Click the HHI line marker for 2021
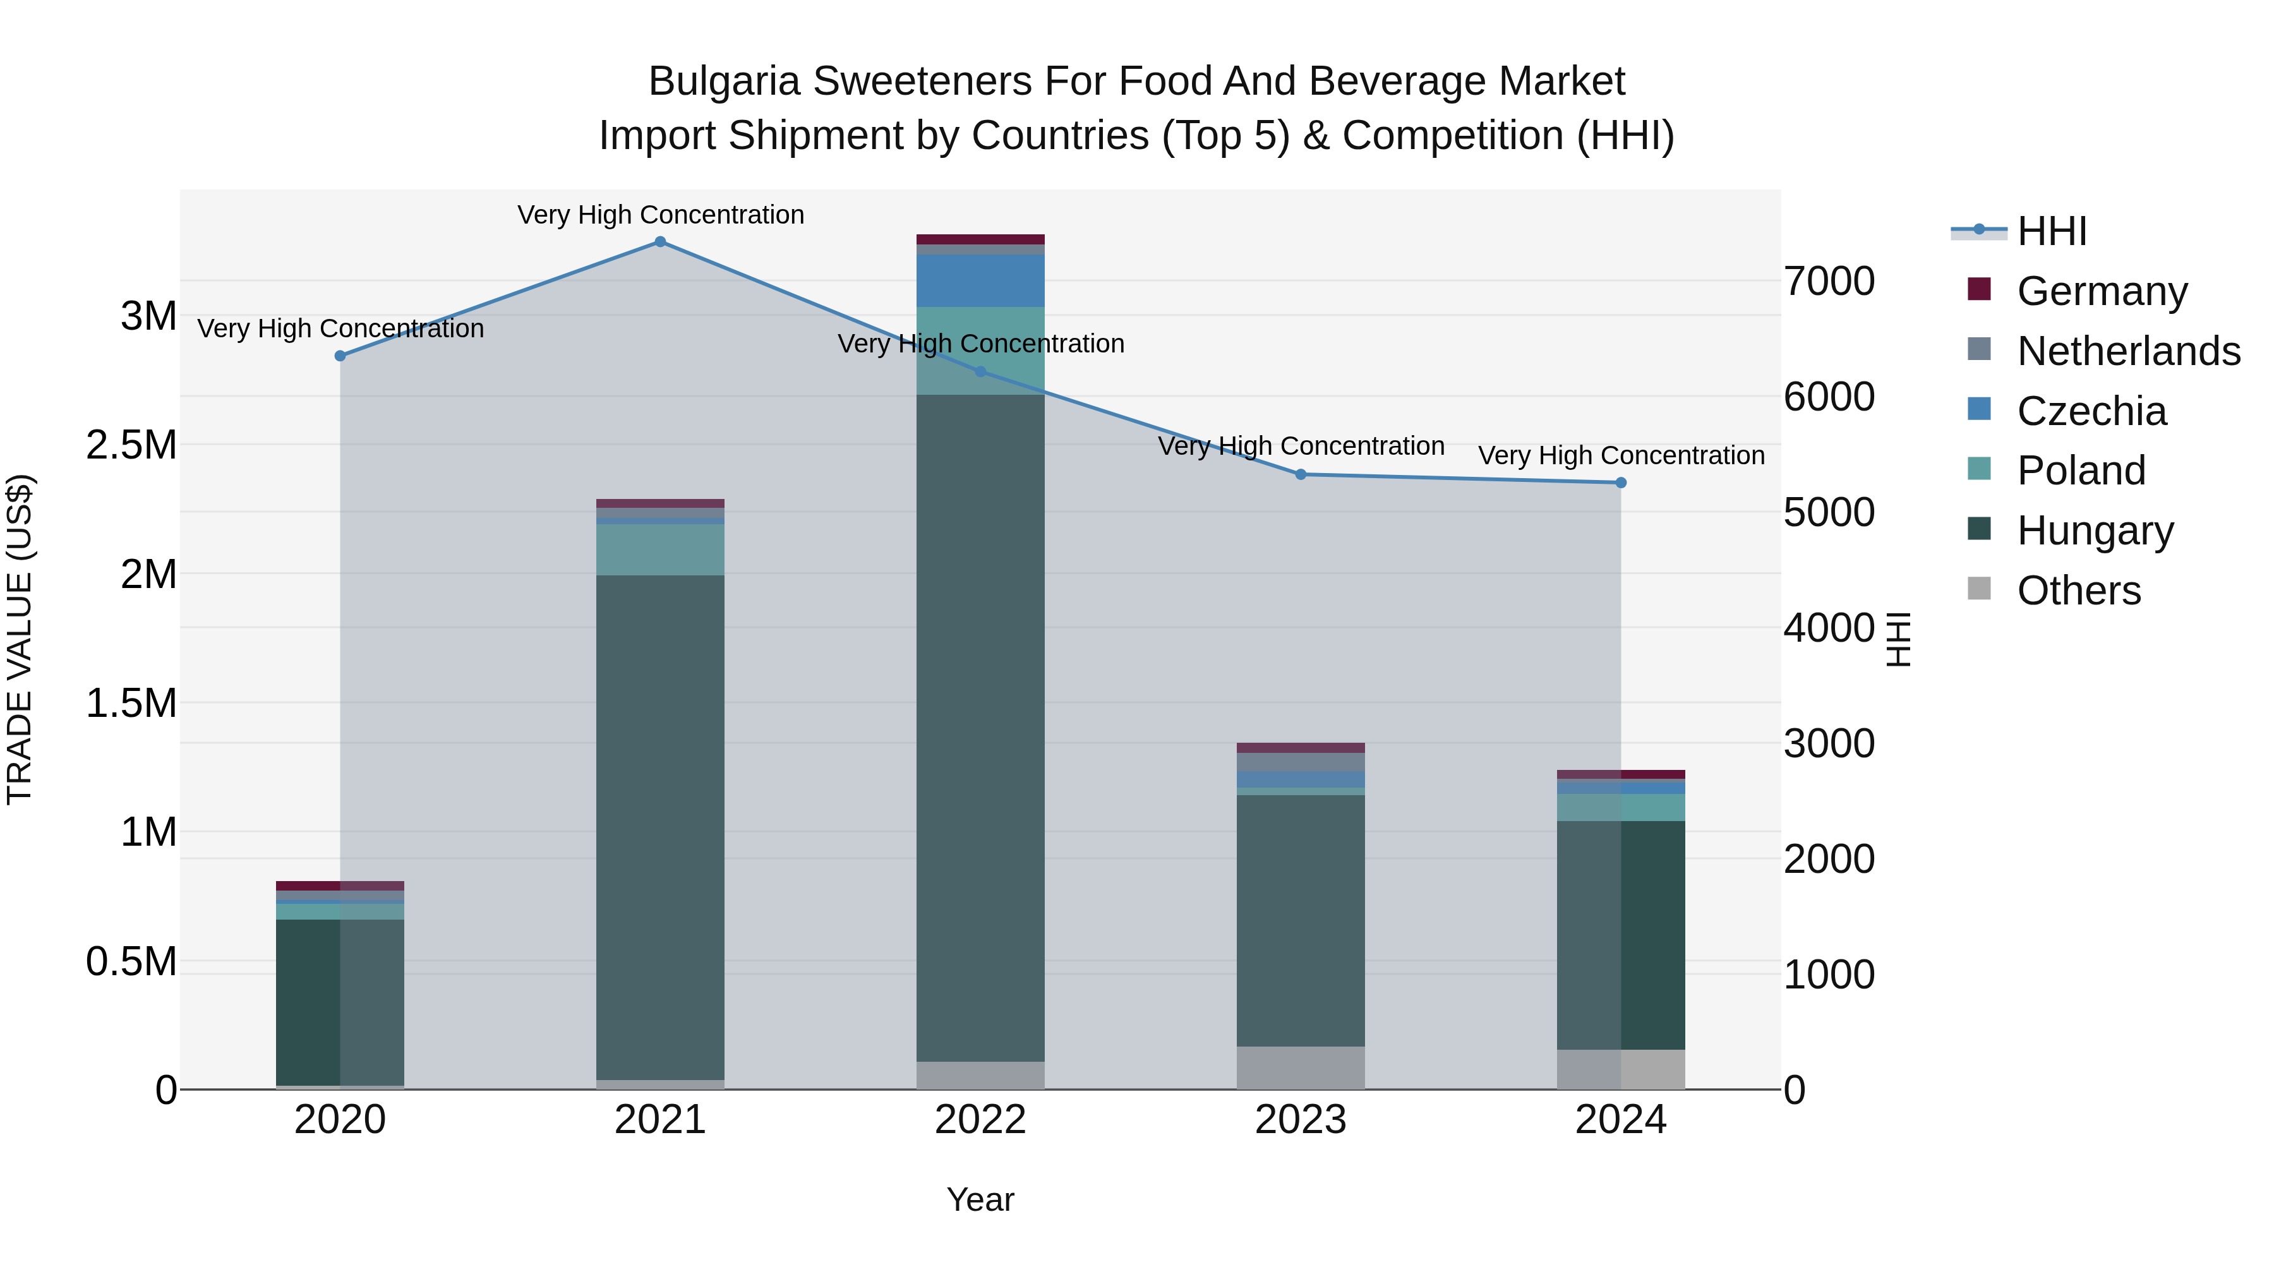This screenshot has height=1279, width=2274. click(659, 242)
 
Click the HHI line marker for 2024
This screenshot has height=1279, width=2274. click(1621, 483)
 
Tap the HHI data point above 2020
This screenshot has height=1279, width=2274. click(340, 356)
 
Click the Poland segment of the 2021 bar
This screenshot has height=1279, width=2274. click(659, 550)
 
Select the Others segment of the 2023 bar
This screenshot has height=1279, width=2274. click(1301, 1067)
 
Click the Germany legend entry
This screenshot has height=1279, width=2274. click(2102, 291)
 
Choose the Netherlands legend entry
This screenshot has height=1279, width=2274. click(2128, 351)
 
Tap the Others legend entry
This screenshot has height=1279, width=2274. click(2078, 591)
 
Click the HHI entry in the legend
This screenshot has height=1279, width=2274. click(2052, 231)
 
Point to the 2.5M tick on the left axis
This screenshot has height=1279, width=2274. click(131, 445)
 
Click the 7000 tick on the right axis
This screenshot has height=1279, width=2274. click(1829, 282)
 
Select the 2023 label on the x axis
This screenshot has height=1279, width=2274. click(1301, 1120)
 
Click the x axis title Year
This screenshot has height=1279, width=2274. click(980, 1199)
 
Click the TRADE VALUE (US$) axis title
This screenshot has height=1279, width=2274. click(20, 639)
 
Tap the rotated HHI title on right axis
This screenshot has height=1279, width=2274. click(1899, 639)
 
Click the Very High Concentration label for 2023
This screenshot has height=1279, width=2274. click(1301, 446)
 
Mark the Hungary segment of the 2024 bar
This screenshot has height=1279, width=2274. click(1621, 935)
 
